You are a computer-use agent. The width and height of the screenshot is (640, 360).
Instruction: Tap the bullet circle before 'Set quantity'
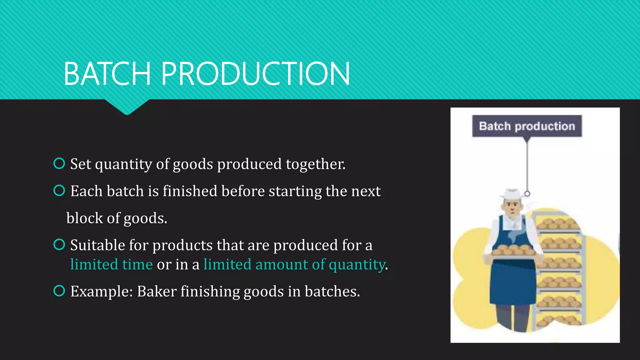[59, 163]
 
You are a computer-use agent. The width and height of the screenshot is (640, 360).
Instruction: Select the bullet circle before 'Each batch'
[59, 190]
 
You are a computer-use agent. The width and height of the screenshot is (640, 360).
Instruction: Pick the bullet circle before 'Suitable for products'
[59, 244]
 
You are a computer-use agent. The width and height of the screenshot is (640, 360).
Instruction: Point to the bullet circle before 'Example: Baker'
[59, 291]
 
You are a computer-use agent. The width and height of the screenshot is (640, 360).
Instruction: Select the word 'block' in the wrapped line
[84, 218]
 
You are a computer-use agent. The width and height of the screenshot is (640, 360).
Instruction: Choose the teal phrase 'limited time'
[111, 264]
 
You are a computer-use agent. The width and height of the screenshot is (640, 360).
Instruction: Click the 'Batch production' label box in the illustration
[527, 126]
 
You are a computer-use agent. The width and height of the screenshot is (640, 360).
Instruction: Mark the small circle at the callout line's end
[527, 194]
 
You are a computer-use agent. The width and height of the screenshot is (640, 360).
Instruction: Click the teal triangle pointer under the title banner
[127, 107]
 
